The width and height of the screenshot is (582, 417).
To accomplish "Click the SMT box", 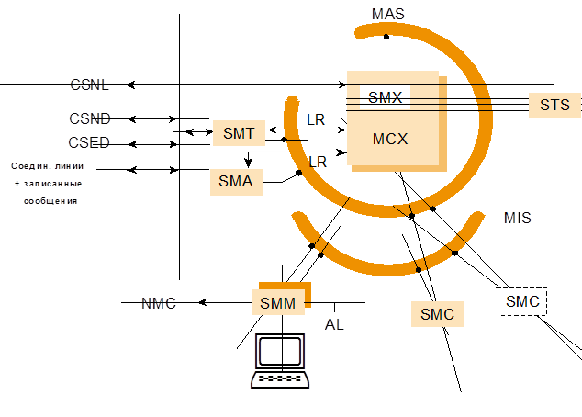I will (x=238, y=133).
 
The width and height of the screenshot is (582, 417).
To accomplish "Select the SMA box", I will (x=235, y=181).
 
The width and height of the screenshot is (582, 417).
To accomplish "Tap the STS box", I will (x=554, y=105).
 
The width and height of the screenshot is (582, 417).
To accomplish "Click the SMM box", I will (x=277, y=301).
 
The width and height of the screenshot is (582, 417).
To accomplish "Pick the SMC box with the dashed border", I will (x=521, y=301).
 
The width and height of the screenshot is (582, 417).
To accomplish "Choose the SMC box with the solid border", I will (x=437, y=313).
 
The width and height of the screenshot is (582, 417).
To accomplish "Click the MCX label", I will (x=390, y=140).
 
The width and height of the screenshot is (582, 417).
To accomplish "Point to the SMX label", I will (x=385, y=96).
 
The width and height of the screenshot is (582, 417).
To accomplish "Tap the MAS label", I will (x=387, y=13).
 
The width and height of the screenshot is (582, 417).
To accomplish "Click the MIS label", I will (x=517, y=219).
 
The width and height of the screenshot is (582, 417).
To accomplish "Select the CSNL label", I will (x=89, y=85).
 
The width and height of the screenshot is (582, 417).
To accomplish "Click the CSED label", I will (x=89, y=143).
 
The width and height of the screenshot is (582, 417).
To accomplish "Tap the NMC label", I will (x=158, y=302).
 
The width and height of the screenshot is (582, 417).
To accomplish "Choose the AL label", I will (x=334, y=324).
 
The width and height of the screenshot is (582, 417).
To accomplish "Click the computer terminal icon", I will (x=280, y=360).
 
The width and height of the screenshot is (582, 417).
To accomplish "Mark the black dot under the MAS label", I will (x=386, y=36).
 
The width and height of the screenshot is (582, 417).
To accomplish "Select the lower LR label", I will (x=318, y=162).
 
